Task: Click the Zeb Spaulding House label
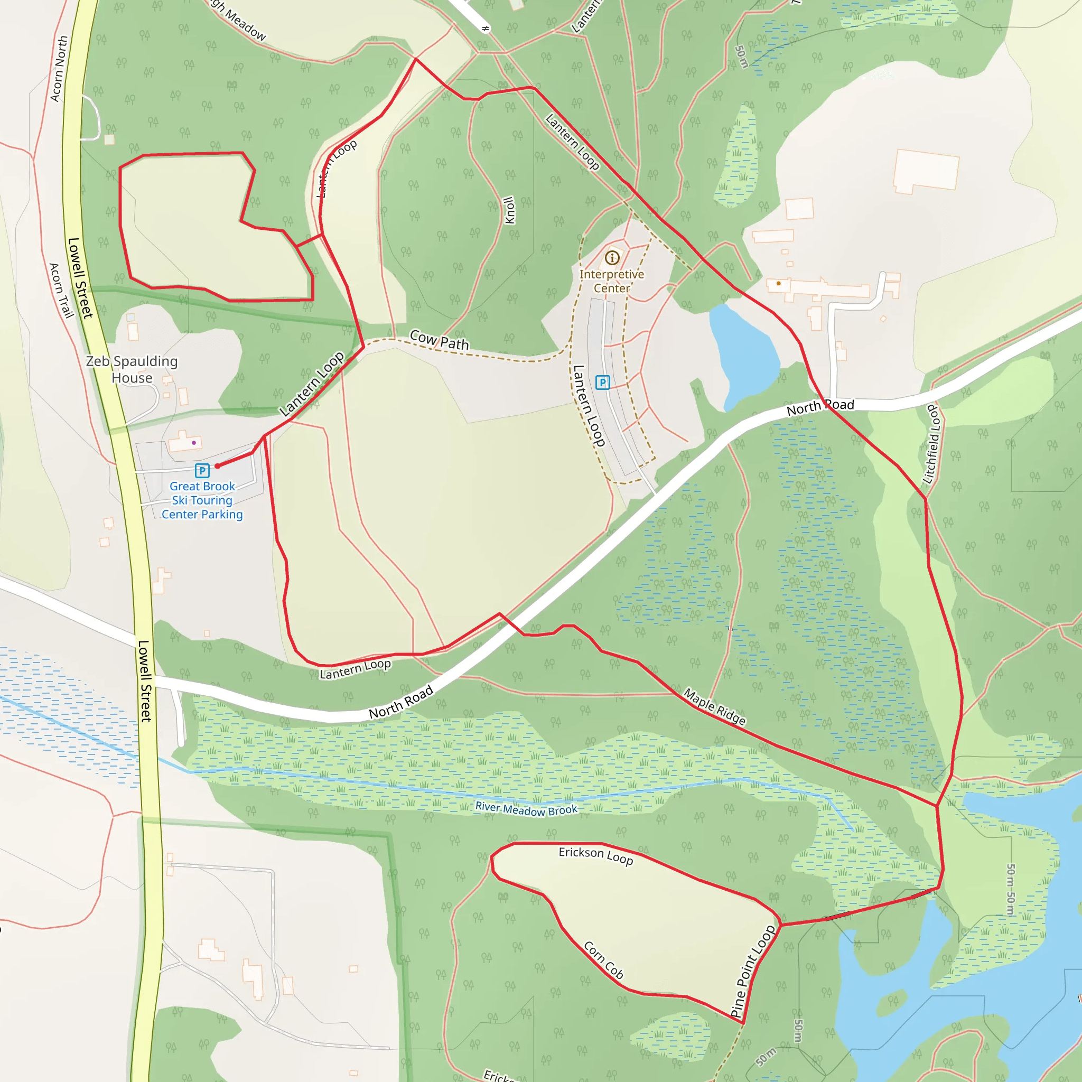pos(132,370)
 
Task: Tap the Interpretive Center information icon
pos(612,258)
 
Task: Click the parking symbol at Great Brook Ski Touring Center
pos(202,470)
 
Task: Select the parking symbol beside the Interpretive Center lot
pos(602,383)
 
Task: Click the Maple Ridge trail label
pos(715,707)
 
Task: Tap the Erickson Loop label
pos(596,855)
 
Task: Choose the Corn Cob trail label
pos(604,960)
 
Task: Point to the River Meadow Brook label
pos(526,809)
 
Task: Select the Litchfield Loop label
pos(931,444)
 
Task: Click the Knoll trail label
pos(509,210)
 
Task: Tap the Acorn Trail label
pos(61,291)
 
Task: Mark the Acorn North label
pos(59,69)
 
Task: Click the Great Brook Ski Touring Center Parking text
pos(202,500)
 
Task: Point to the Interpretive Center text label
pos(612,281)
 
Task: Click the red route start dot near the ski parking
pos(217,466)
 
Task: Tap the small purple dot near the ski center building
pos(194,442)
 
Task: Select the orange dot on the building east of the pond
pos(778,283)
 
